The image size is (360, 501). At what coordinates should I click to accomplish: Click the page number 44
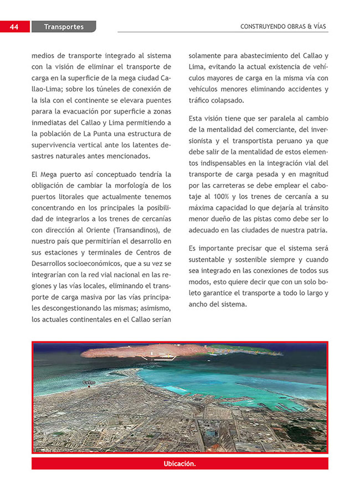click(14, 27)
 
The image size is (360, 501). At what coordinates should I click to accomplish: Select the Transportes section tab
click(64, 27)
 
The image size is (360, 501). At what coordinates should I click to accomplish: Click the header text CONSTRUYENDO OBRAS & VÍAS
click(284, 27)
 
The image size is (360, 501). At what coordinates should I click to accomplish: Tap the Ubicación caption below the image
click(179, 463)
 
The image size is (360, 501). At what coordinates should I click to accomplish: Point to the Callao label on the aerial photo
click(89, 382)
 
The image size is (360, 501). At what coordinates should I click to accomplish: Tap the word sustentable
click(210, 259)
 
